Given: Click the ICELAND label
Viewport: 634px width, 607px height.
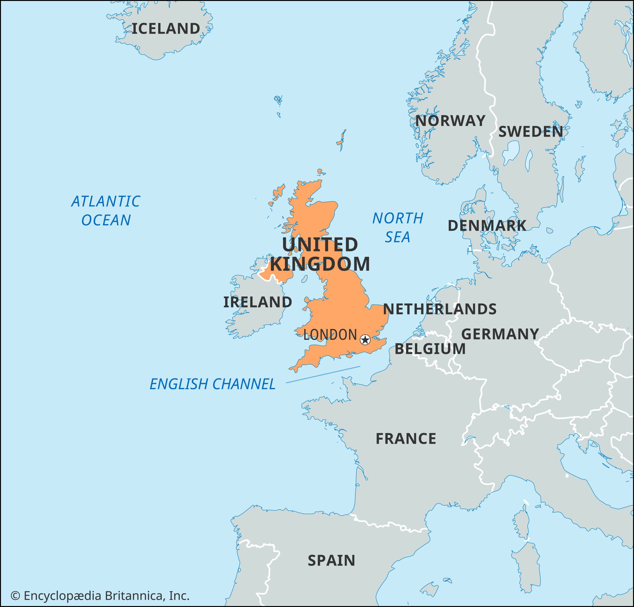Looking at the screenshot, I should pos(166,29).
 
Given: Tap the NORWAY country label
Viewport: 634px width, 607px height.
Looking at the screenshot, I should pos(450,121).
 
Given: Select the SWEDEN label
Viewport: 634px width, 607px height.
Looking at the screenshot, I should pos(530,132).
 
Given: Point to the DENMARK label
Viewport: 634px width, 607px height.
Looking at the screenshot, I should pos(487,226).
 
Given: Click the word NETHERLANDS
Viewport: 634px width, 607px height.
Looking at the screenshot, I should pos(440,309).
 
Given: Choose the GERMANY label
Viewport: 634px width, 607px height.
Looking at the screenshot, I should pos(500,334).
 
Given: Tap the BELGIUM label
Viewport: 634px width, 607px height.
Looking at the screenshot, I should pos(430,349).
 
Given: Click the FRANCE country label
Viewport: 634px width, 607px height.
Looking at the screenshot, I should pos(406,439).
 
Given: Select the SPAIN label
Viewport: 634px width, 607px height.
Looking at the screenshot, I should pos(331,560).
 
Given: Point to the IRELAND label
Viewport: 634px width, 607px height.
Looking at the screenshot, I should pos(257,302).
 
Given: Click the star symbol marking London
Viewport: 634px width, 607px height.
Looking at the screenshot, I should pos(365,339).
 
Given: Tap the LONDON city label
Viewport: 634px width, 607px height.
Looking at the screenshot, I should pos(330,335).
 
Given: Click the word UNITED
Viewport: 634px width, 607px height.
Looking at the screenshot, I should pos(320,245).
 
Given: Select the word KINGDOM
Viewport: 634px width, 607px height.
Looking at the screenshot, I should pos(320,264).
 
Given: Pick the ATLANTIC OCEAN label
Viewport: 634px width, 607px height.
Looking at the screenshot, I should pos(106,210).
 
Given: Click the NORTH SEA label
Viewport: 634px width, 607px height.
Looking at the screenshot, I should pos(398,227).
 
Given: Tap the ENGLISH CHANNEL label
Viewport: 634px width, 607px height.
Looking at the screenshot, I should pos(212,384).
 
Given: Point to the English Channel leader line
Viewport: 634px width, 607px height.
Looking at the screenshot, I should pos(323,374).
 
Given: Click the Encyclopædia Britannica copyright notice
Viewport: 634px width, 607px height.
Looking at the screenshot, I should pos(100,596).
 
